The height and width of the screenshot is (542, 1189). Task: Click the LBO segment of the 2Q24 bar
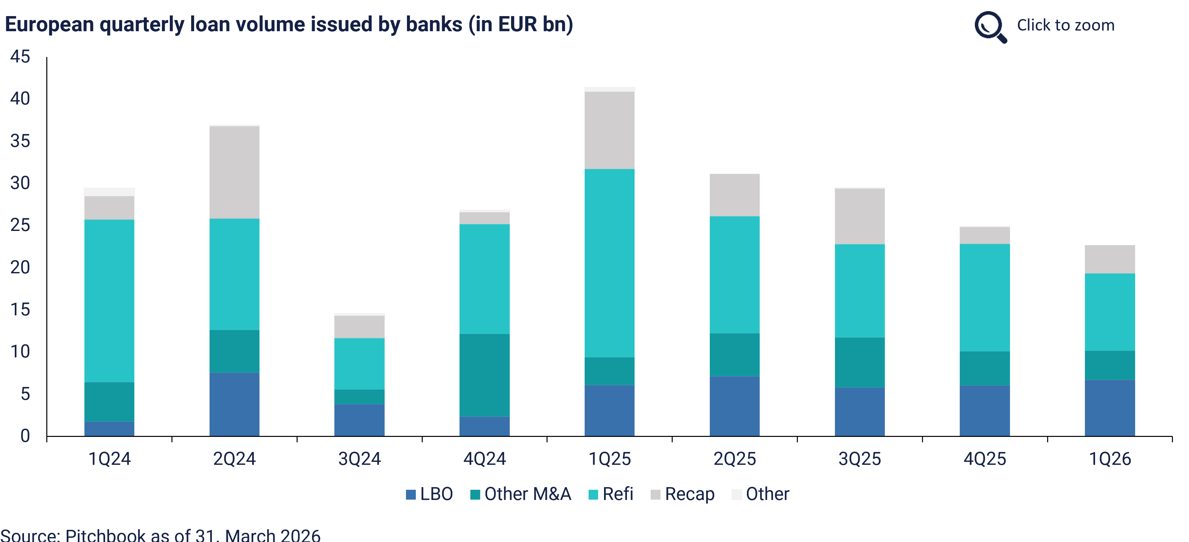coord(235,404)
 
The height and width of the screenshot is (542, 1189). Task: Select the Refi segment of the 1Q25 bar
coord(609,263)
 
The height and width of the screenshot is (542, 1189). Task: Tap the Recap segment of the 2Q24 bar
coord(235,172)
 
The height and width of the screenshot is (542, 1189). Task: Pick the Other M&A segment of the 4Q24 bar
coord(485,375)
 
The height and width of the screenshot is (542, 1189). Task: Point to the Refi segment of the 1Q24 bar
coord(109,301)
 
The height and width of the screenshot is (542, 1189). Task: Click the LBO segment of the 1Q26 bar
coord(1110,408)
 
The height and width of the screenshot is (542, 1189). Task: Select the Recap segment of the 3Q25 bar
coord(860,216)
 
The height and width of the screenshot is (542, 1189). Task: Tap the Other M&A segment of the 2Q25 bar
coord(734,354)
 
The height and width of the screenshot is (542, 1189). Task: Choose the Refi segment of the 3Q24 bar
coord(360,364)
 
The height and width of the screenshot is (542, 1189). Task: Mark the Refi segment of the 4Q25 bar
coord(984,297)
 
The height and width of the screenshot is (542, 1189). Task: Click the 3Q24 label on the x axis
coord(360,459)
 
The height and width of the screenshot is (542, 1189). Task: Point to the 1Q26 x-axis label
coord(1110,459)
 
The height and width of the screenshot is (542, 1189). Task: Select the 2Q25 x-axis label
coord(734,459)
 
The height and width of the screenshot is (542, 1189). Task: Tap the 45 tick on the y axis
coord(20,57)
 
